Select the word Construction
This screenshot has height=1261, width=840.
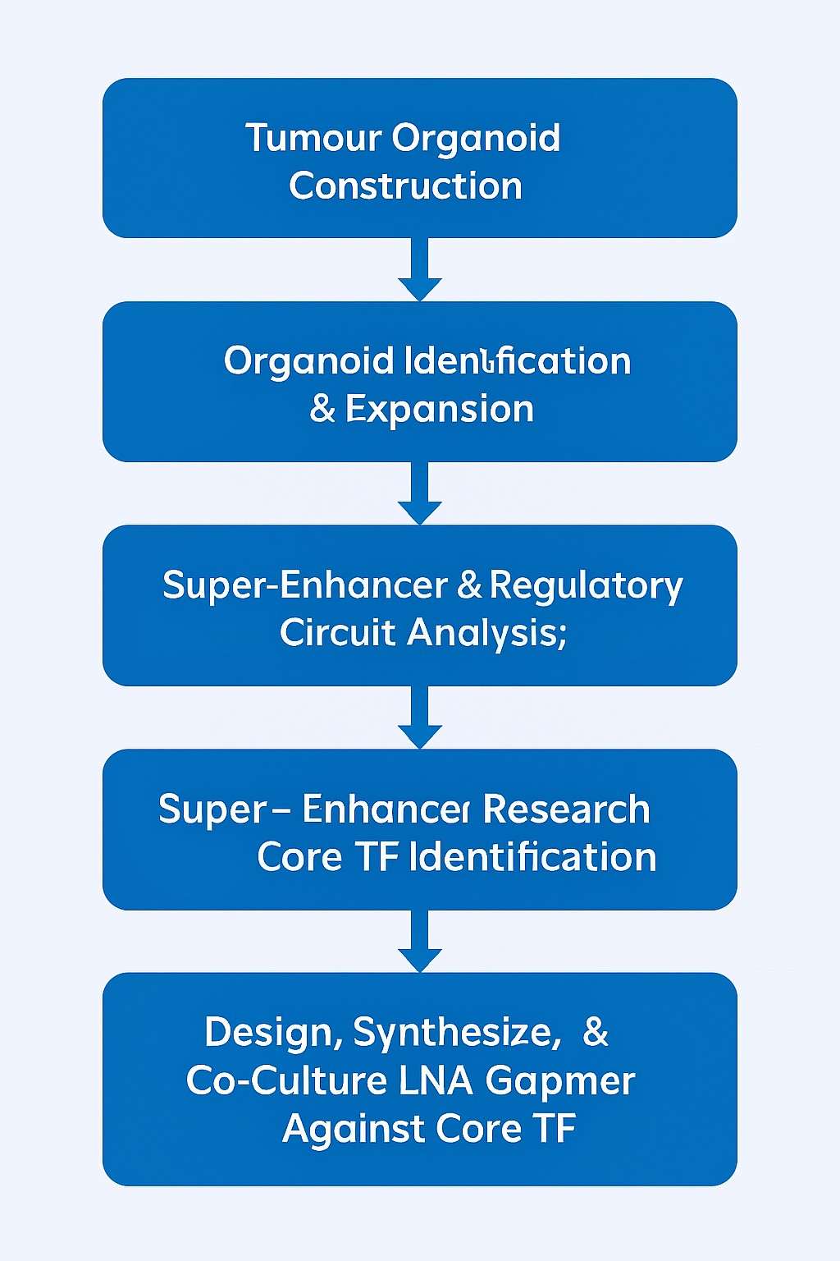click(405, 186)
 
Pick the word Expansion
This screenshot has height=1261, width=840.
click(440, 409)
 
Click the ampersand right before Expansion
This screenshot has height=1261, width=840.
click(322, 409)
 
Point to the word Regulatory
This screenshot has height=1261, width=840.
click(586, 586)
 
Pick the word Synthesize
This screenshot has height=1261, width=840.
click(456, 1033)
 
